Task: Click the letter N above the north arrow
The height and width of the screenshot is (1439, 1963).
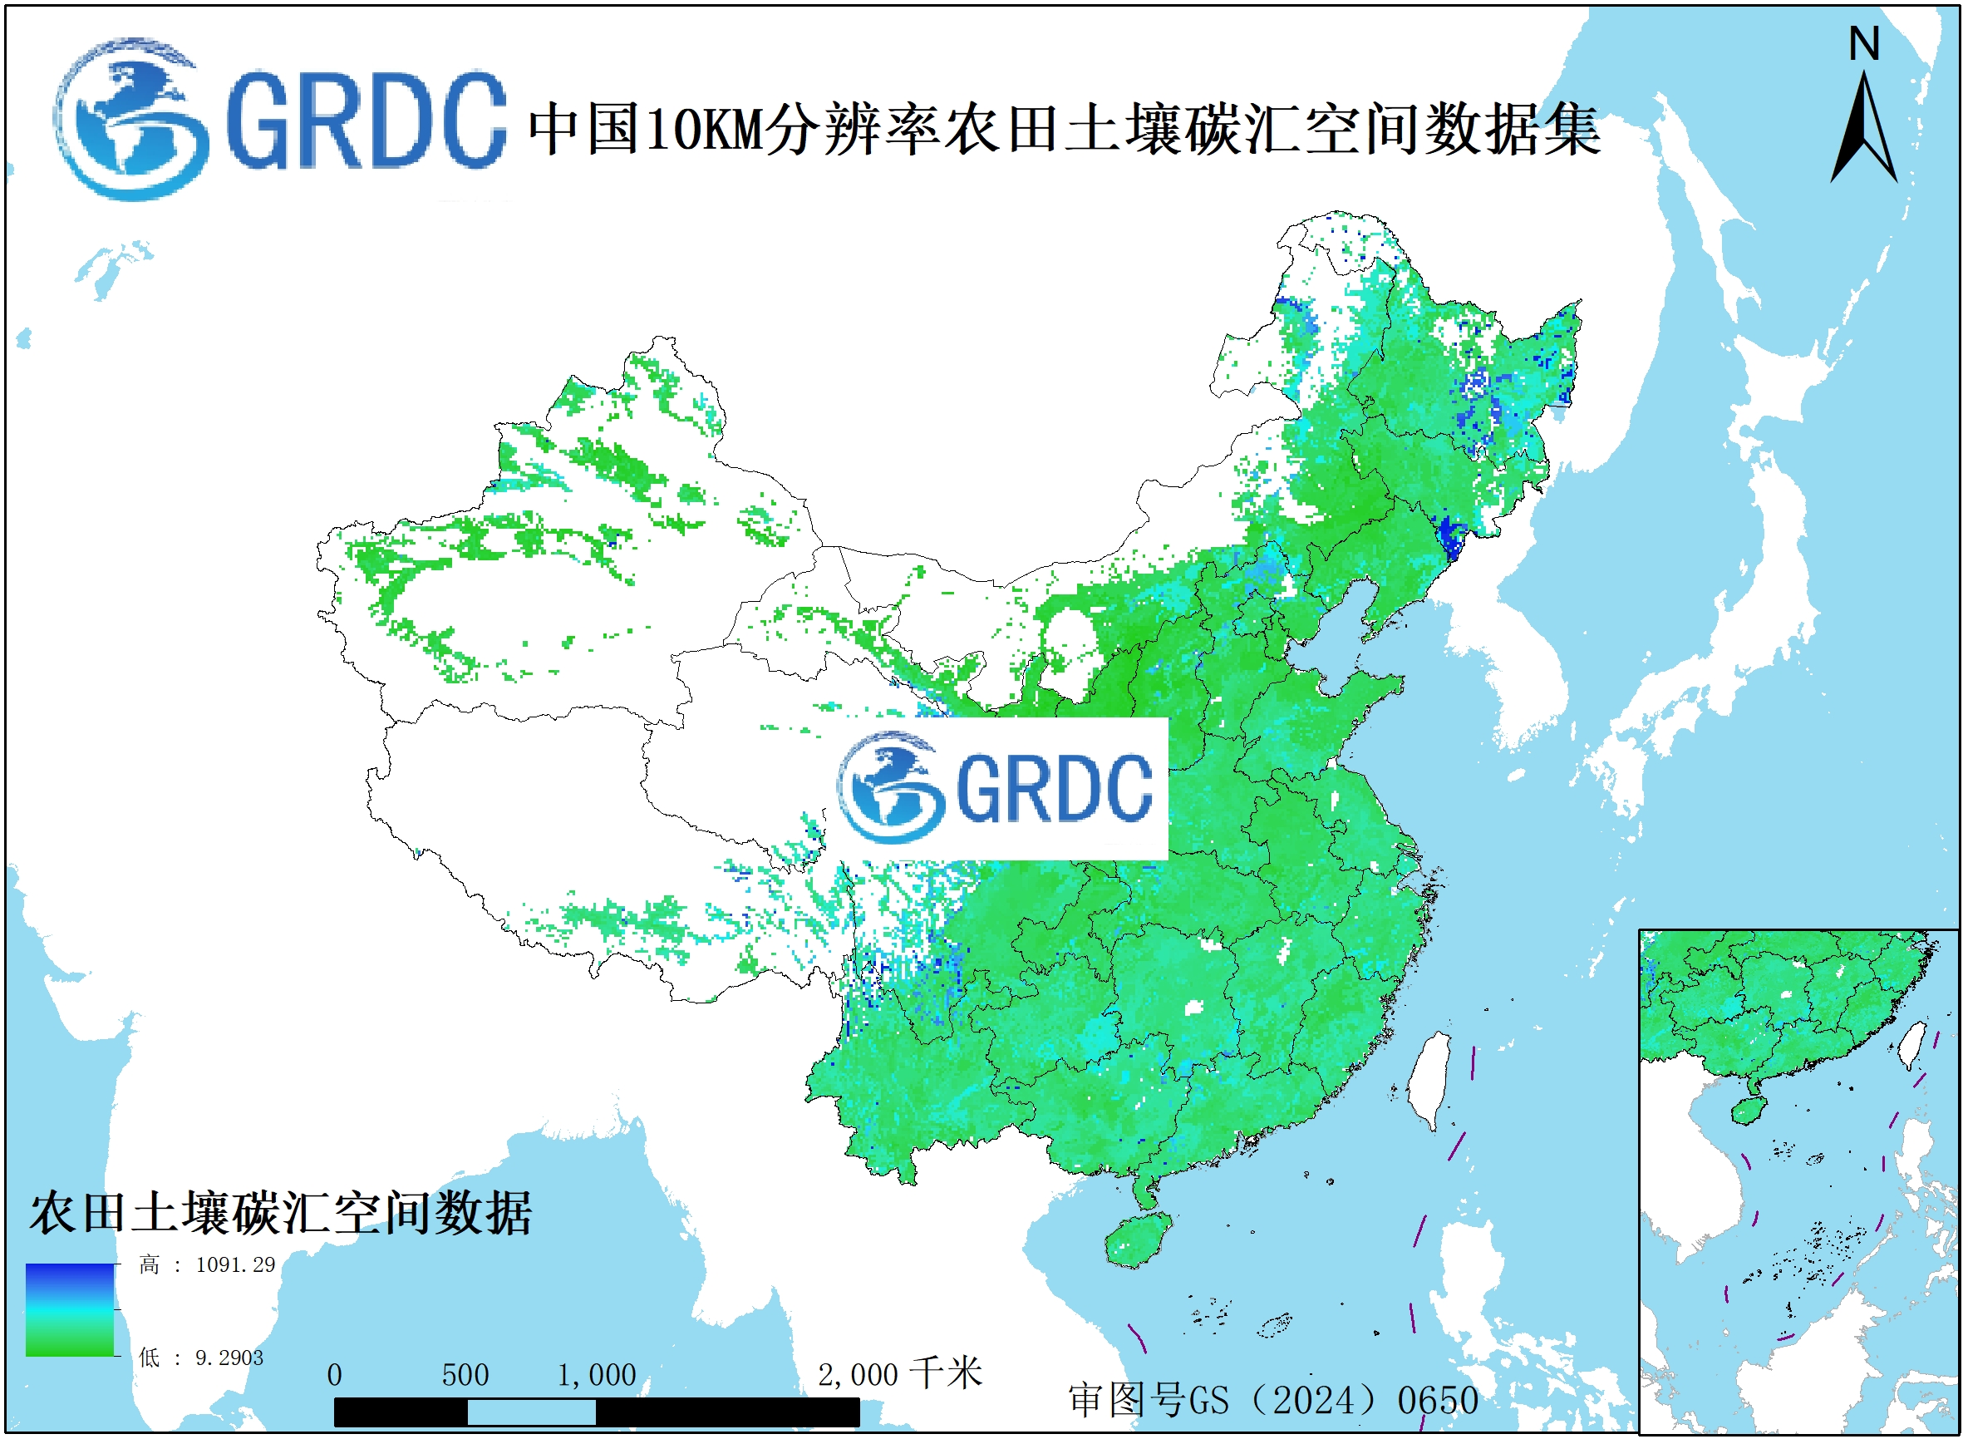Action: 1864,44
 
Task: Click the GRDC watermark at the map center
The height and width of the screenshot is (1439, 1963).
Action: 998,788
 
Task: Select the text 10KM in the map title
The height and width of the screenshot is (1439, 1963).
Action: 704,130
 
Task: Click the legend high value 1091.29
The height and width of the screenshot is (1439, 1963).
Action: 235,1264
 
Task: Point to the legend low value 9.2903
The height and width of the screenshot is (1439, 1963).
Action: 229,1358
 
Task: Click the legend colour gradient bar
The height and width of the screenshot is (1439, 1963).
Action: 70,1309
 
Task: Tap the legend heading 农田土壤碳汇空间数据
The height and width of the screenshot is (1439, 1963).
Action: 280,1214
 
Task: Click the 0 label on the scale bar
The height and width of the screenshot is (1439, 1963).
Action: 334,1374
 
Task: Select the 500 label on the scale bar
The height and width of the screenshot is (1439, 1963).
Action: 465,1374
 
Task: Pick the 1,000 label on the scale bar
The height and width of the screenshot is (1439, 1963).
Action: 597,1374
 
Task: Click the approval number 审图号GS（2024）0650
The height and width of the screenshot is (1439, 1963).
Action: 1273,1400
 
